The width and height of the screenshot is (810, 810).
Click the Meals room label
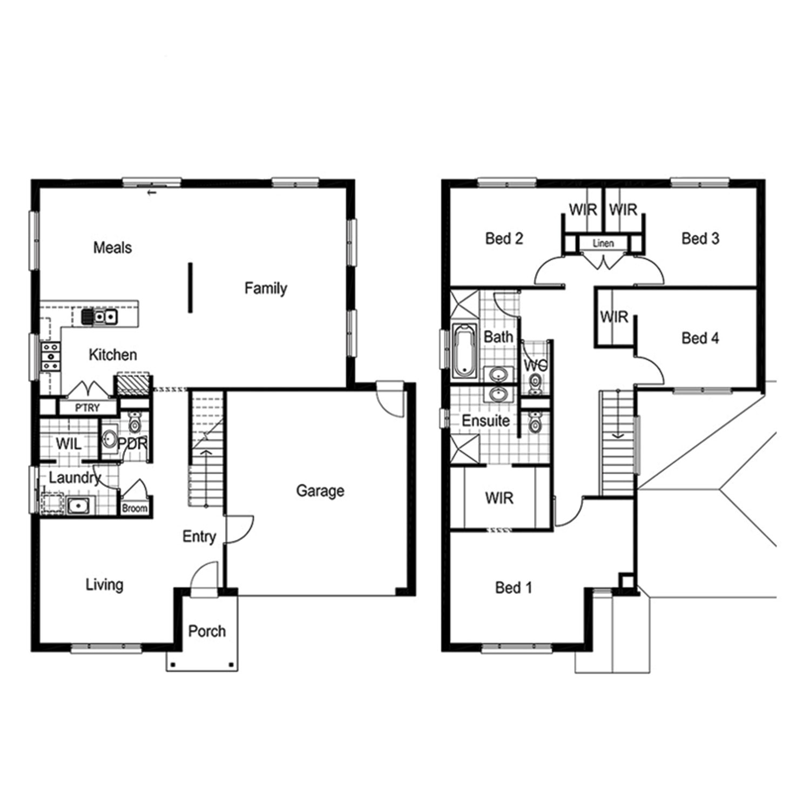tap(112, 248)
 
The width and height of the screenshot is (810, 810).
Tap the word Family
tap(265, 288)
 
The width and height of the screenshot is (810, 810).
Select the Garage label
tap(320, 491)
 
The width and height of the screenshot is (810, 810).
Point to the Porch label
tap(207, 631)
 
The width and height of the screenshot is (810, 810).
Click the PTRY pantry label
tap(87, 408)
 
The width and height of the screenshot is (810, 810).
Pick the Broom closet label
tap(134, 509)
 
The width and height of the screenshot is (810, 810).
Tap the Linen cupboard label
tap(603, 244)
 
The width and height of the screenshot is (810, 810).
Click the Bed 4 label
tap(700, 339)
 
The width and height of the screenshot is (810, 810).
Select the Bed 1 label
tap(514, 588)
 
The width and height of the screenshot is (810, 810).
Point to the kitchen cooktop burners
tap(51, 356)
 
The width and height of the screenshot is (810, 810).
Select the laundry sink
tap(78, 506)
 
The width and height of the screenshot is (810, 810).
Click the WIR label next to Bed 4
tap(614, 316)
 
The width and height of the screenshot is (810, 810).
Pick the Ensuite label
tap(485, 421)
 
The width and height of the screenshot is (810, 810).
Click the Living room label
tap(104, 585)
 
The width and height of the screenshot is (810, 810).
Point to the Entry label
tap(199, 537)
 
